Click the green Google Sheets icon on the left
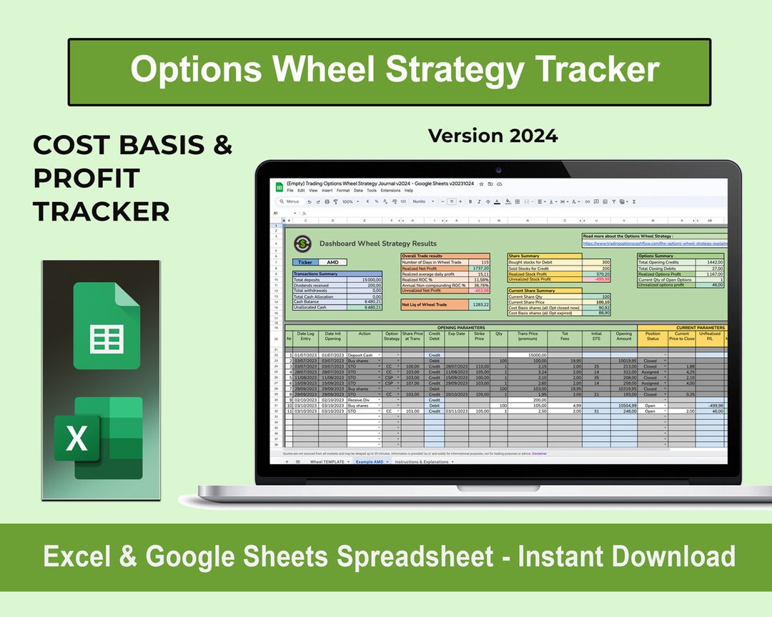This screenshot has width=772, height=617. tap(107, 326)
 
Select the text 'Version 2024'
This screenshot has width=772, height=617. tap(493, 135)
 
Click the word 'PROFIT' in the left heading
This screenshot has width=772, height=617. tap(86, 178)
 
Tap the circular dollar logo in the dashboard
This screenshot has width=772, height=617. tap(303, 244)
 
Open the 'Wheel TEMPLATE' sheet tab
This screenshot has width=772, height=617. tap(327, 462)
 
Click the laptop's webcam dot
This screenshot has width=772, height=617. tap(498, 170)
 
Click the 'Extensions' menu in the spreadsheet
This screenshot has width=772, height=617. tap(390, 191)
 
